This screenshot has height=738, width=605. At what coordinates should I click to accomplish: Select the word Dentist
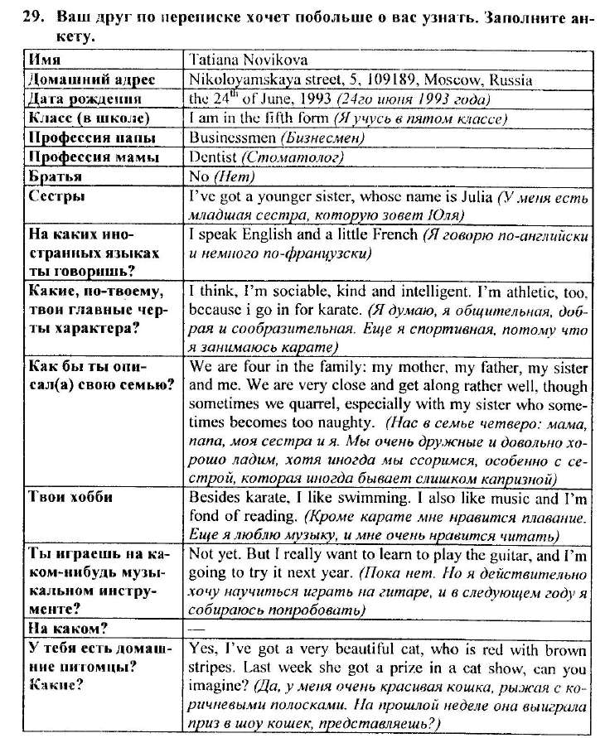[x=213, y=157]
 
